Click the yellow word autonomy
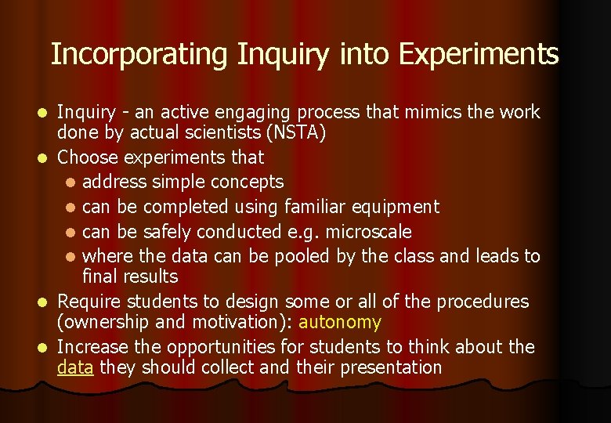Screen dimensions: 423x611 339,322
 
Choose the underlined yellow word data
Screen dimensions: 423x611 75,367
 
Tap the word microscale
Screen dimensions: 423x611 368,232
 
